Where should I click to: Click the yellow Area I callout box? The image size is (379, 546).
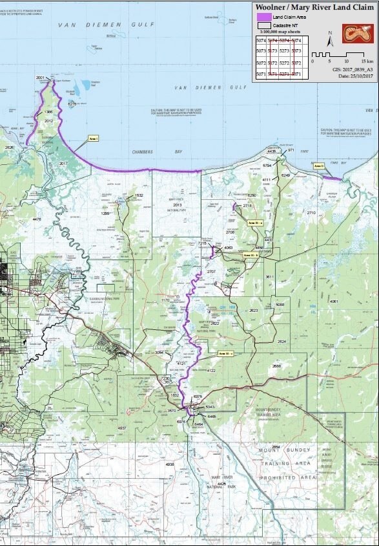point(93,138)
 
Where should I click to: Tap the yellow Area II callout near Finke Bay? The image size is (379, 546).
point(317,166)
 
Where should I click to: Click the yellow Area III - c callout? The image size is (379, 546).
point(225,353)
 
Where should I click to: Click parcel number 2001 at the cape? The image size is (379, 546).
point(41,78)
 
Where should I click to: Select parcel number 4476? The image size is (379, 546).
point(36,219)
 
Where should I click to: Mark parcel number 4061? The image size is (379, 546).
point(334,301)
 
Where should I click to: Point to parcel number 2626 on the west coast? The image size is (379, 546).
point(9,147)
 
